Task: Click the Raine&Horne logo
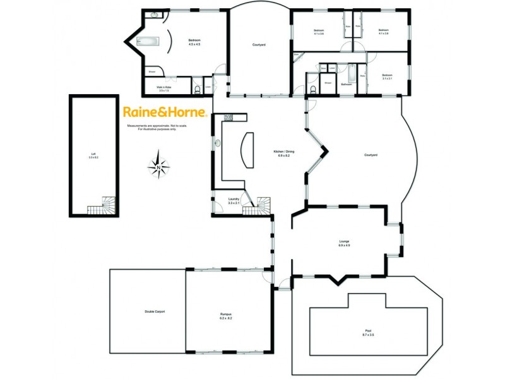pos(164,112)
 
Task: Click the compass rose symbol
pos(159,167)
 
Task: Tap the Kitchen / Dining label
pos(283,153)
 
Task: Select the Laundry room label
pos(234,201)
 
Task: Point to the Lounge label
pos(344,243)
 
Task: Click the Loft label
pos(93,155)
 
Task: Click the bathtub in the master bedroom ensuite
pos(148,44)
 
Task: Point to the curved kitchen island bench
pos(247,150)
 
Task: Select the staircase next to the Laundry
pos(262,205)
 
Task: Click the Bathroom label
pos(346,83)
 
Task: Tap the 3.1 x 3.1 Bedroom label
pos(387,77)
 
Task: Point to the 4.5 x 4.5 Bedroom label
pos(194,43)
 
